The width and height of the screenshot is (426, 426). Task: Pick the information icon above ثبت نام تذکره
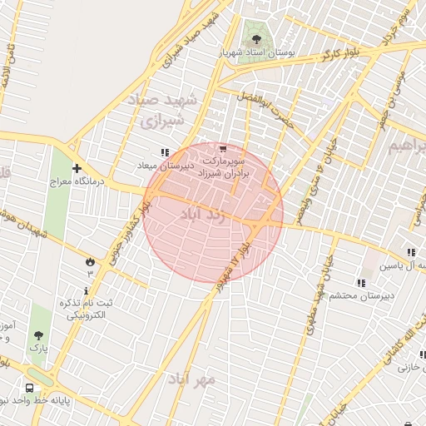pos(87,290)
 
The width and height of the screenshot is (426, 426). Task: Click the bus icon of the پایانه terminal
pos(30,388)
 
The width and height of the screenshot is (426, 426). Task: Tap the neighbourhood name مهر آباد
pos(192,379)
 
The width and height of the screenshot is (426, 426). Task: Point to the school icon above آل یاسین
pos(410,252)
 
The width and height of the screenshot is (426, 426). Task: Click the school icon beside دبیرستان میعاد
pos(164,152)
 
